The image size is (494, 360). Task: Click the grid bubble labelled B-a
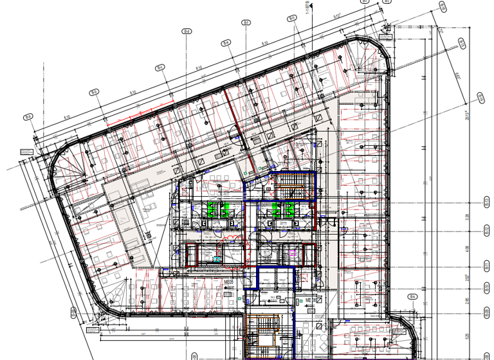tap(28, 116)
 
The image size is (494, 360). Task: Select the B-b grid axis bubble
tap(94, 92)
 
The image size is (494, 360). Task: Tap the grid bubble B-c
tap(160, 67)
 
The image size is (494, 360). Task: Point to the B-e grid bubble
tap(226, 43)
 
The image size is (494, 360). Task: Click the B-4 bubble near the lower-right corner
tap(414, 298)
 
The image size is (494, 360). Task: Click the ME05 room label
tap(227, 282)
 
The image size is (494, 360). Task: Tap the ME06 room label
tap(309, 300)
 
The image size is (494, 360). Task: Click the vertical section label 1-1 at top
tap(308, 10)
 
